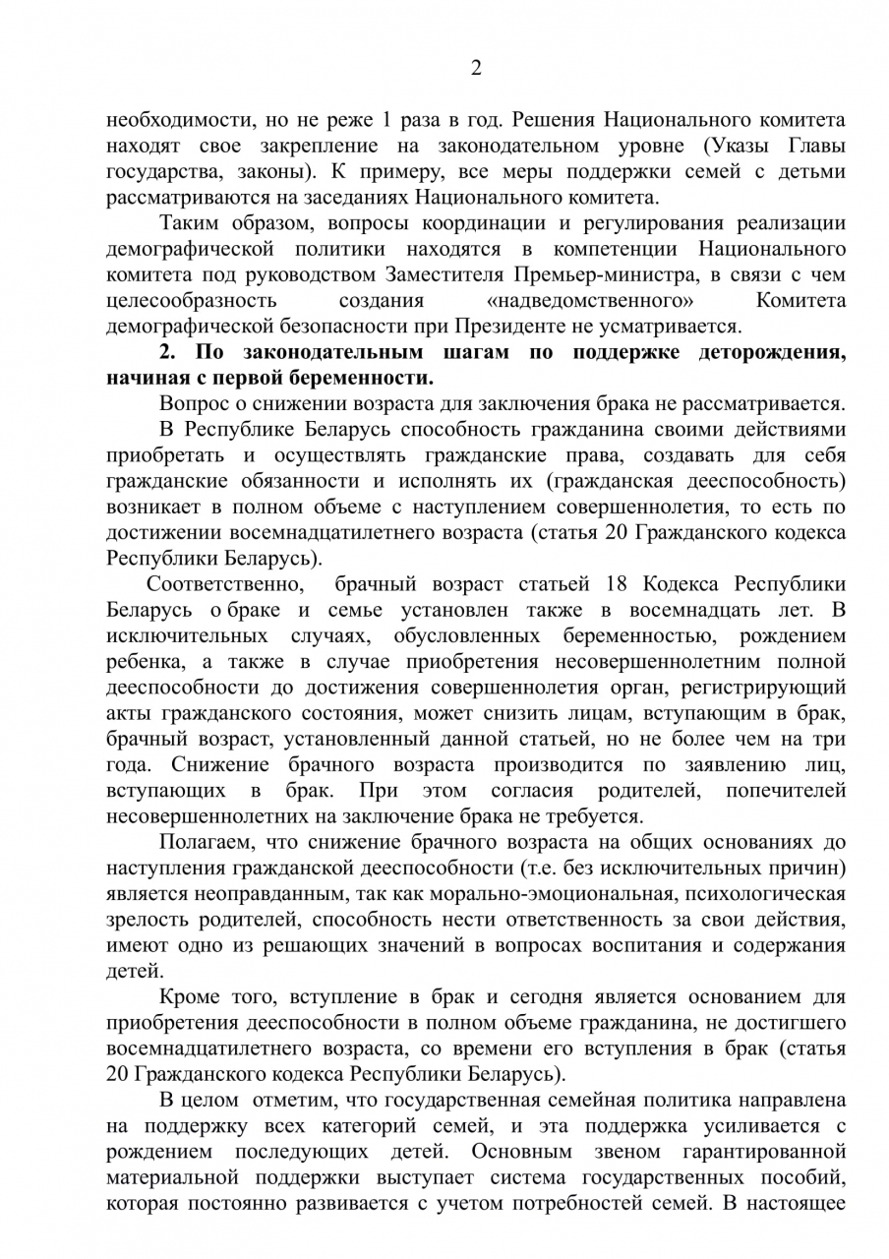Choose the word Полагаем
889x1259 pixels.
(207, 842)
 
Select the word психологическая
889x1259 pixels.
(767, 893)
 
